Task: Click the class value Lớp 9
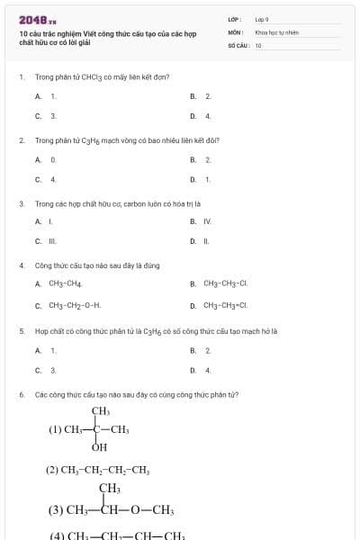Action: point(262,19)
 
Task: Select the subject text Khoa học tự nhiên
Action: point(276,31)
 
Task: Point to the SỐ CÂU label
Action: point(238,44)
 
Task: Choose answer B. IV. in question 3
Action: point(202,220)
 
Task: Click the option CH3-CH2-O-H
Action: point(68,305)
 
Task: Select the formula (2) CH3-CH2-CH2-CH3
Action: point(98,469)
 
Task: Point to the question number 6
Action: point(21,394)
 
